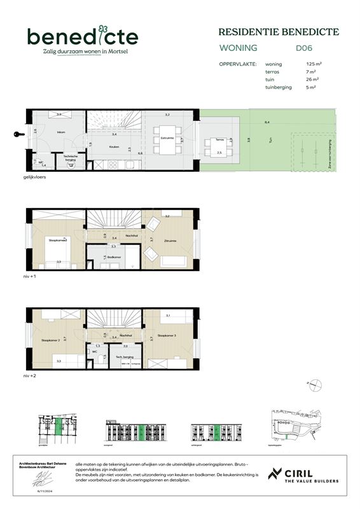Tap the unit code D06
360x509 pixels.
pyautogui.click(x=303, y=48)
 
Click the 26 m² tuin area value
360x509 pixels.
pyautogui.click(x=312, y=80)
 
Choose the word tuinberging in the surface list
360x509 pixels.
pyautogui.click(x=279, y=87)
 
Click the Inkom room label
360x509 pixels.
pyautogui.click(x=43, y=132)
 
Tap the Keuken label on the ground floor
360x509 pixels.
pyautogui.click(x=114, y=147)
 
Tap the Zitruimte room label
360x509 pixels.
pyautogui.click(x=169, y=241)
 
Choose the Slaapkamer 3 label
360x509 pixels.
pyautogui.click(x=167, y=335)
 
